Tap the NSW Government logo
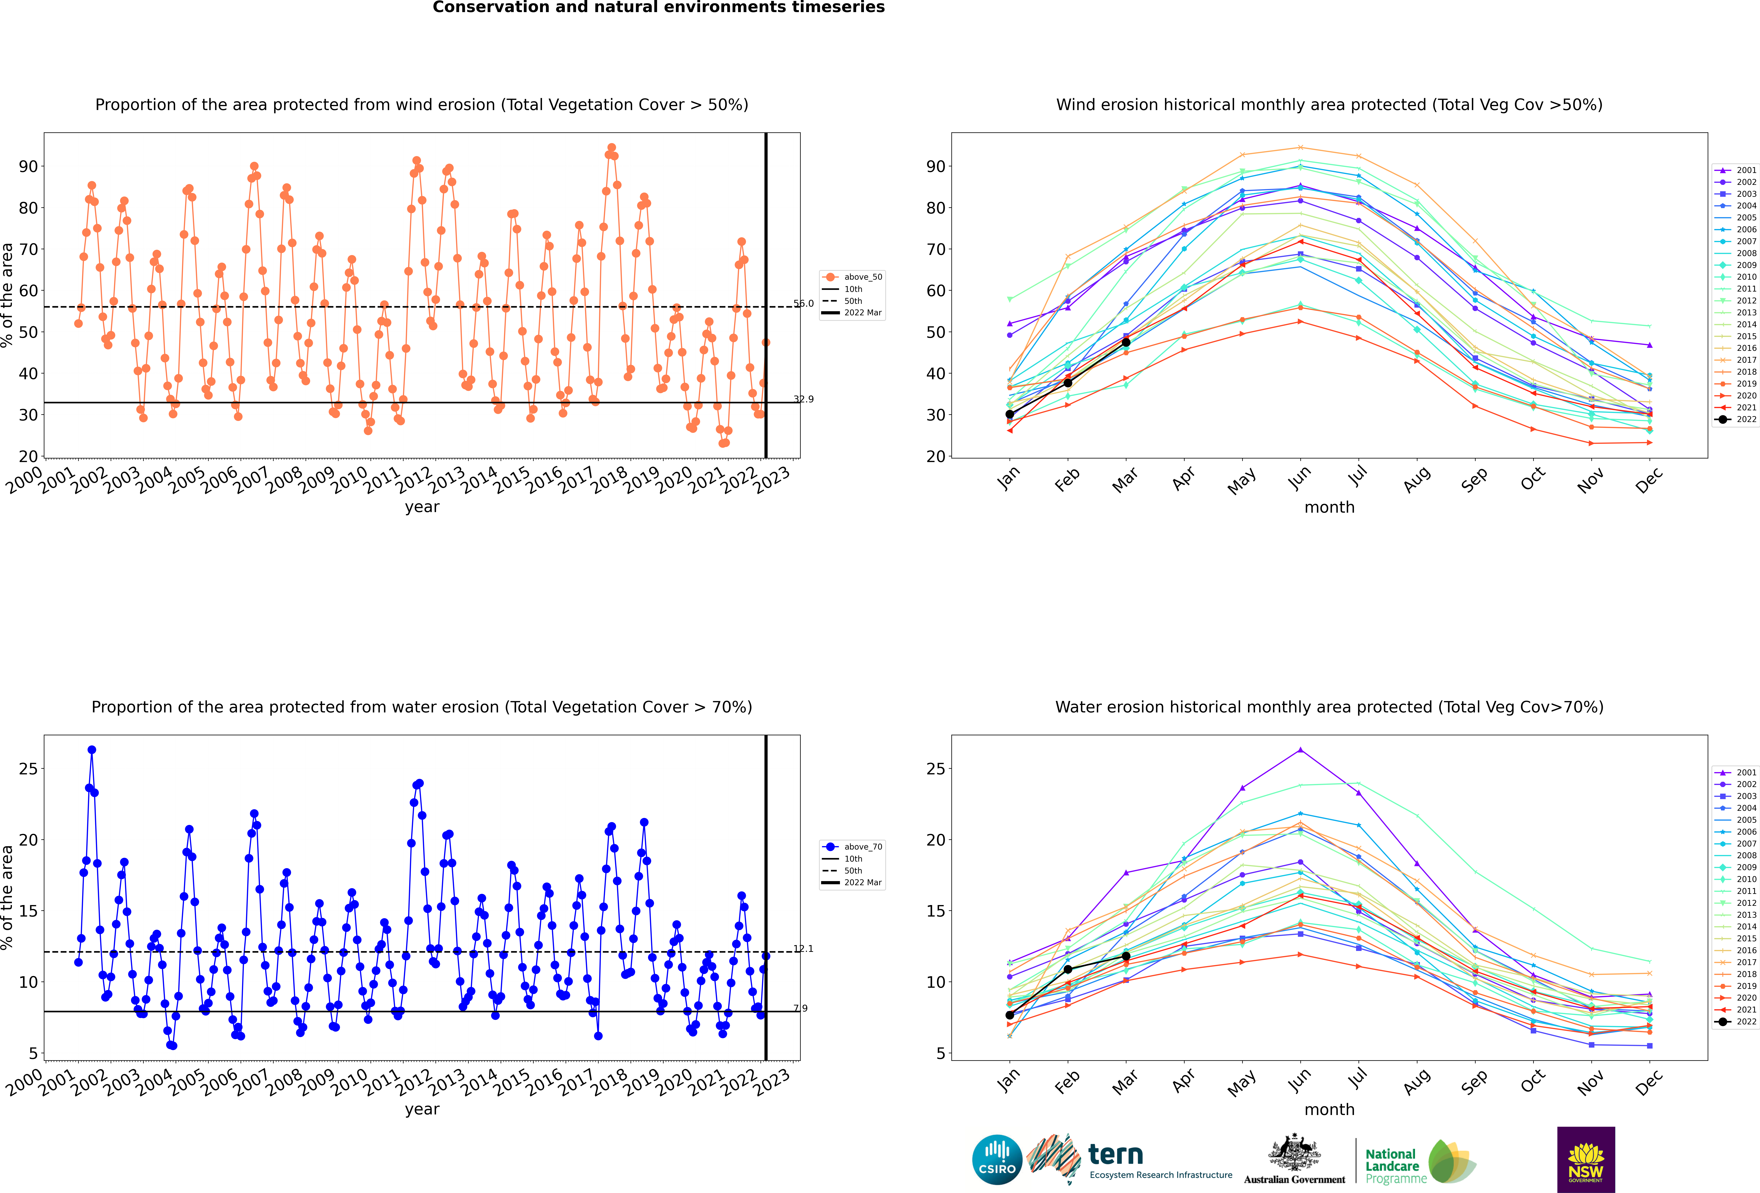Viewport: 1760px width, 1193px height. coord(1586,1159)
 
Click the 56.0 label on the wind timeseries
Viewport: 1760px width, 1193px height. coord(804,304)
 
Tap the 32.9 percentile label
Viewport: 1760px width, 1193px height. coord(804,399)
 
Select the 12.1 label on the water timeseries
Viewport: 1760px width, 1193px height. coord(804,948)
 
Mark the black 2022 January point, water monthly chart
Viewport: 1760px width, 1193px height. coord(1010,1015)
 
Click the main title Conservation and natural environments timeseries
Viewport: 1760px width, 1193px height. coord(658,8)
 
